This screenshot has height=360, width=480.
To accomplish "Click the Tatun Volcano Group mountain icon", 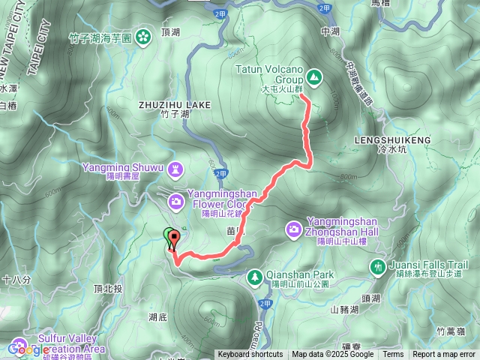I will coord(313,76).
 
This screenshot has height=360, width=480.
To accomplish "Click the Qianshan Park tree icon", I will coord(256,276).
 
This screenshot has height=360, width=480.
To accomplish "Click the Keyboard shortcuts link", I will coord(250,355).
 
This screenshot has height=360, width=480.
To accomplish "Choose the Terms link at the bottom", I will coord(393,355).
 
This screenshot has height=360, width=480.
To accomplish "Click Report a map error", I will coord(445,355).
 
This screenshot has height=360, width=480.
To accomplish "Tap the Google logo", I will coord(28,349).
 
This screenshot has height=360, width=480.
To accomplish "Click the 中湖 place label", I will coord(330,31).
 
